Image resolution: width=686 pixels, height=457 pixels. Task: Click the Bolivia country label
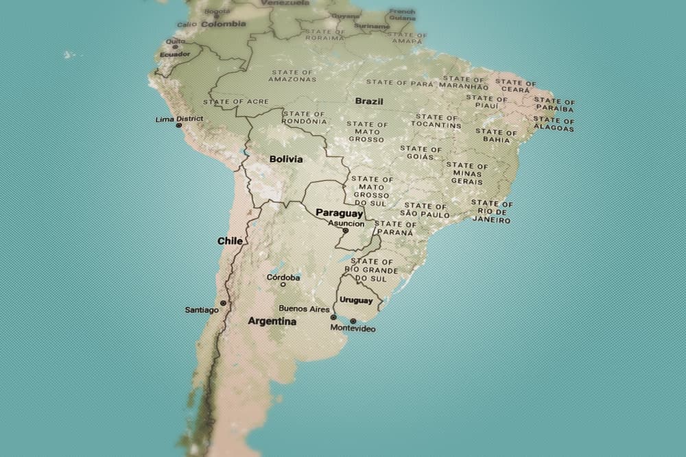[286, 159]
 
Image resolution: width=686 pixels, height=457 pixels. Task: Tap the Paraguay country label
[339, 213]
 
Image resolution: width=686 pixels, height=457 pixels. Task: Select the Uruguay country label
[356, 300]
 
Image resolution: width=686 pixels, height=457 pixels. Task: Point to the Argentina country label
[272, 321]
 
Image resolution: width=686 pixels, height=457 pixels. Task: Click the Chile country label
[230, 241]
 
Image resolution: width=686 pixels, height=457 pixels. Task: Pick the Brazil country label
[369, 101]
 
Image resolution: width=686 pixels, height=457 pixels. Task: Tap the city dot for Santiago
[223, 303]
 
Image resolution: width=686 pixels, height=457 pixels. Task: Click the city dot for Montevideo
[353, 321]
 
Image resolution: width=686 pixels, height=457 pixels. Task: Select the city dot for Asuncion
[346, 231]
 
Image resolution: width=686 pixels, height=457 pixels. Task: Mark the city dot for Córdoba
[283, 285]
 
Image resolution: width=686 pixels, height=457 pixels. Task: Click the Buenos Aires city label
[304, 309]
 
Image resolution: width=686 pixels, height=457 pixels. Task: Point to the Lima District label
[180, 119]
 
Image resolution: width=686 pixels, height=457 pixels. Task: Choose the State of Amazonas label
[292, 75]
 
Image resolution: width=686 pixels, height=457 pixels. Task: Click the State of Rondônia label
[305, 117]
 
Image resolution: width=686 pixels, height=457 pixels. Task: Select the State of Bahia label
[496, 135]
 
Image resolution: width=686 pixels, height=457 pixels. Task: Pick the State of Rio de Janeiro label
[491, 212]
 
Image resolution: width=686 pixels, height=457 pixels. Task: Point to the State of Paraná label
[396, 227]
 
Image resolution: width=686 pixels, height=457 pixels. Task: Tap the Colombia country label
[223, 24]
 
